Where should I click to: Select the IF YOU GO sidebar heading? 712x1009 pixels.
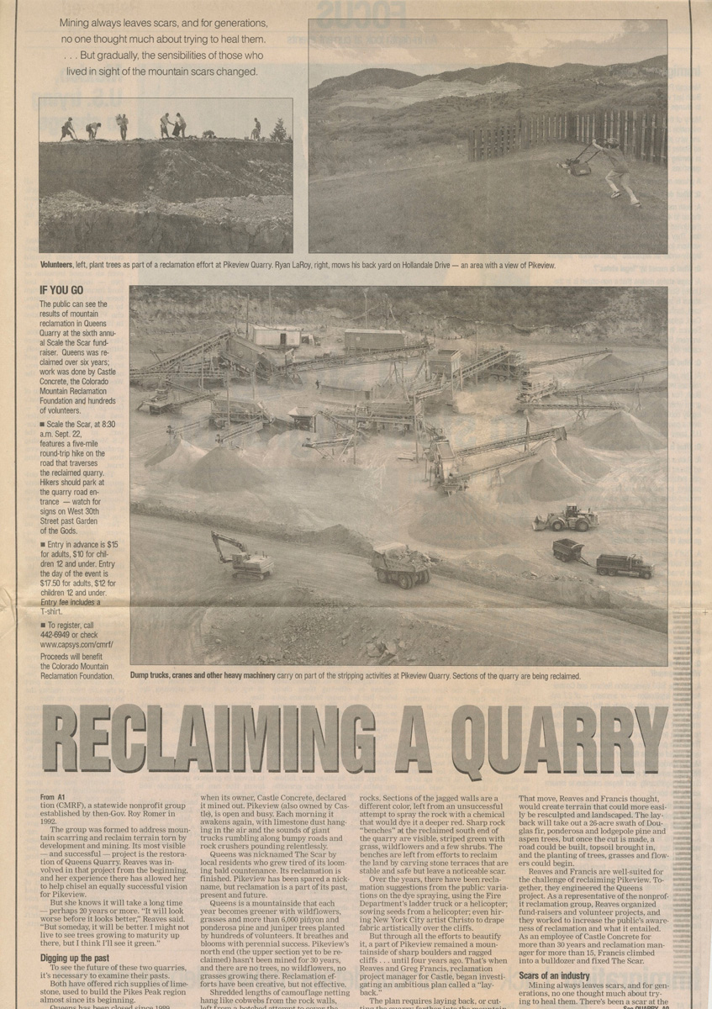coord(61,291)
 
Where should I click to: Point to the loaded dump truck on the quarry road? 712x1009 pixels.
coord(402,564)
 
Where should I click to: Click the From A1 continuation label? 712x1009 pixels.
coord(53,796)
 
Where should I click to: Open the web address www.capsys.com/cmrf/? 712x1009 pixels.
coord(76,645)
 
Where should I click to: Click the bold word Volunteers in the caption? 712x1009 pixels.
coord(61,264)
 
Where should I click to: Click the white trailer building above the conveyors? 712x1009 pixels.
coord(276,336)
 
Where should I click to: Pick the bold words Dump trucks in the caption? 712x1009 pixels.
coord(155,675)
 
